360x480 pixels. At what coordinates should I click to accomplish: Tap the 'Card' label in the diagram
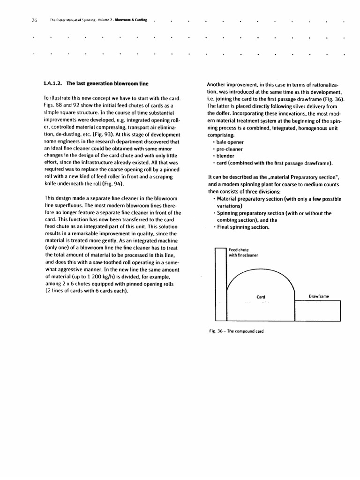pos(261,297)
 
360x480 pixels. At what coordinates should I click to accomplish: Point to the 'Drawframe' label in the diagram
pos(319,296)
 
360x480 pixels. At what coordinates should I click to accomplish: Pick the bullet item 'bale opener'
pos(230,142)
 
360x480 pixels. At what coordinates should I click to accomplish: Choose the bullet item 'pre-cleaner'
pos(230,149)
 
